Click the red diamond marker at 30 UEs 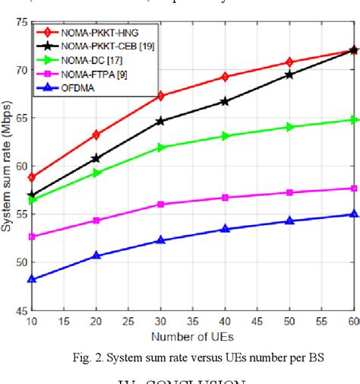[x=161, y=96]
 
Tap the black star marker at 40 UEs [x=226, y=101]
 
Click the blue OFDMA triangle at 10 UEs [x=31, y=279]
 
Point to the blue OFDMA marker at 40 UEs [x=226, y=228]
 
